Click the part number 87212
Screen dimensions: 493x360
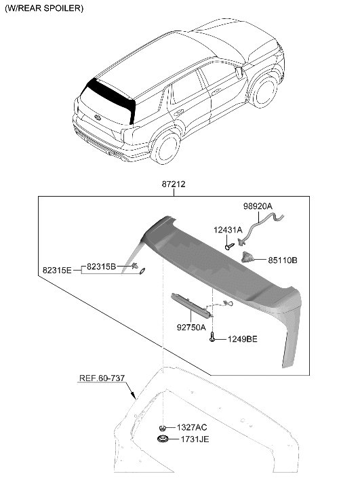pyautogui.click(x=174, y=184)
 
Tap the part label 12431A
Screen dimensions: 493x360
pyautogui.click(x=228, y=231)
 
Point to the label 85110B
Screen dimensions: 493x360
pyautogui.click(x=283, y=258)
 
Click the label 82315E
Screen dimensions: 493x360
pyautogui.click(x=56, y=269)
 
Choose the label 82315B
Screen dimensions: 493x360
pyautogui.click(x=101, y=266)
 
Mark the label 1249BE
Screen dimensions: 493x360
pyautogui.click(x=241, y=339)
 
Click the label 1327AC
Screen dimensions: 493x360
pyautogui.click(x=193, y=427)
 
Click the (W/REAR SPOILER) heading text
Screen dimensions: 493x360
pyautogui.click(x=44, y=9)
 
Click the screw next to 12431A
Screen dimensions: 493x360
pyautogui.click(x=229, y=246)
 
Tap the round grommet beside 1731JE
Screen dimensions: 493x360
pyautogui.click(x=163, y=441)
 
